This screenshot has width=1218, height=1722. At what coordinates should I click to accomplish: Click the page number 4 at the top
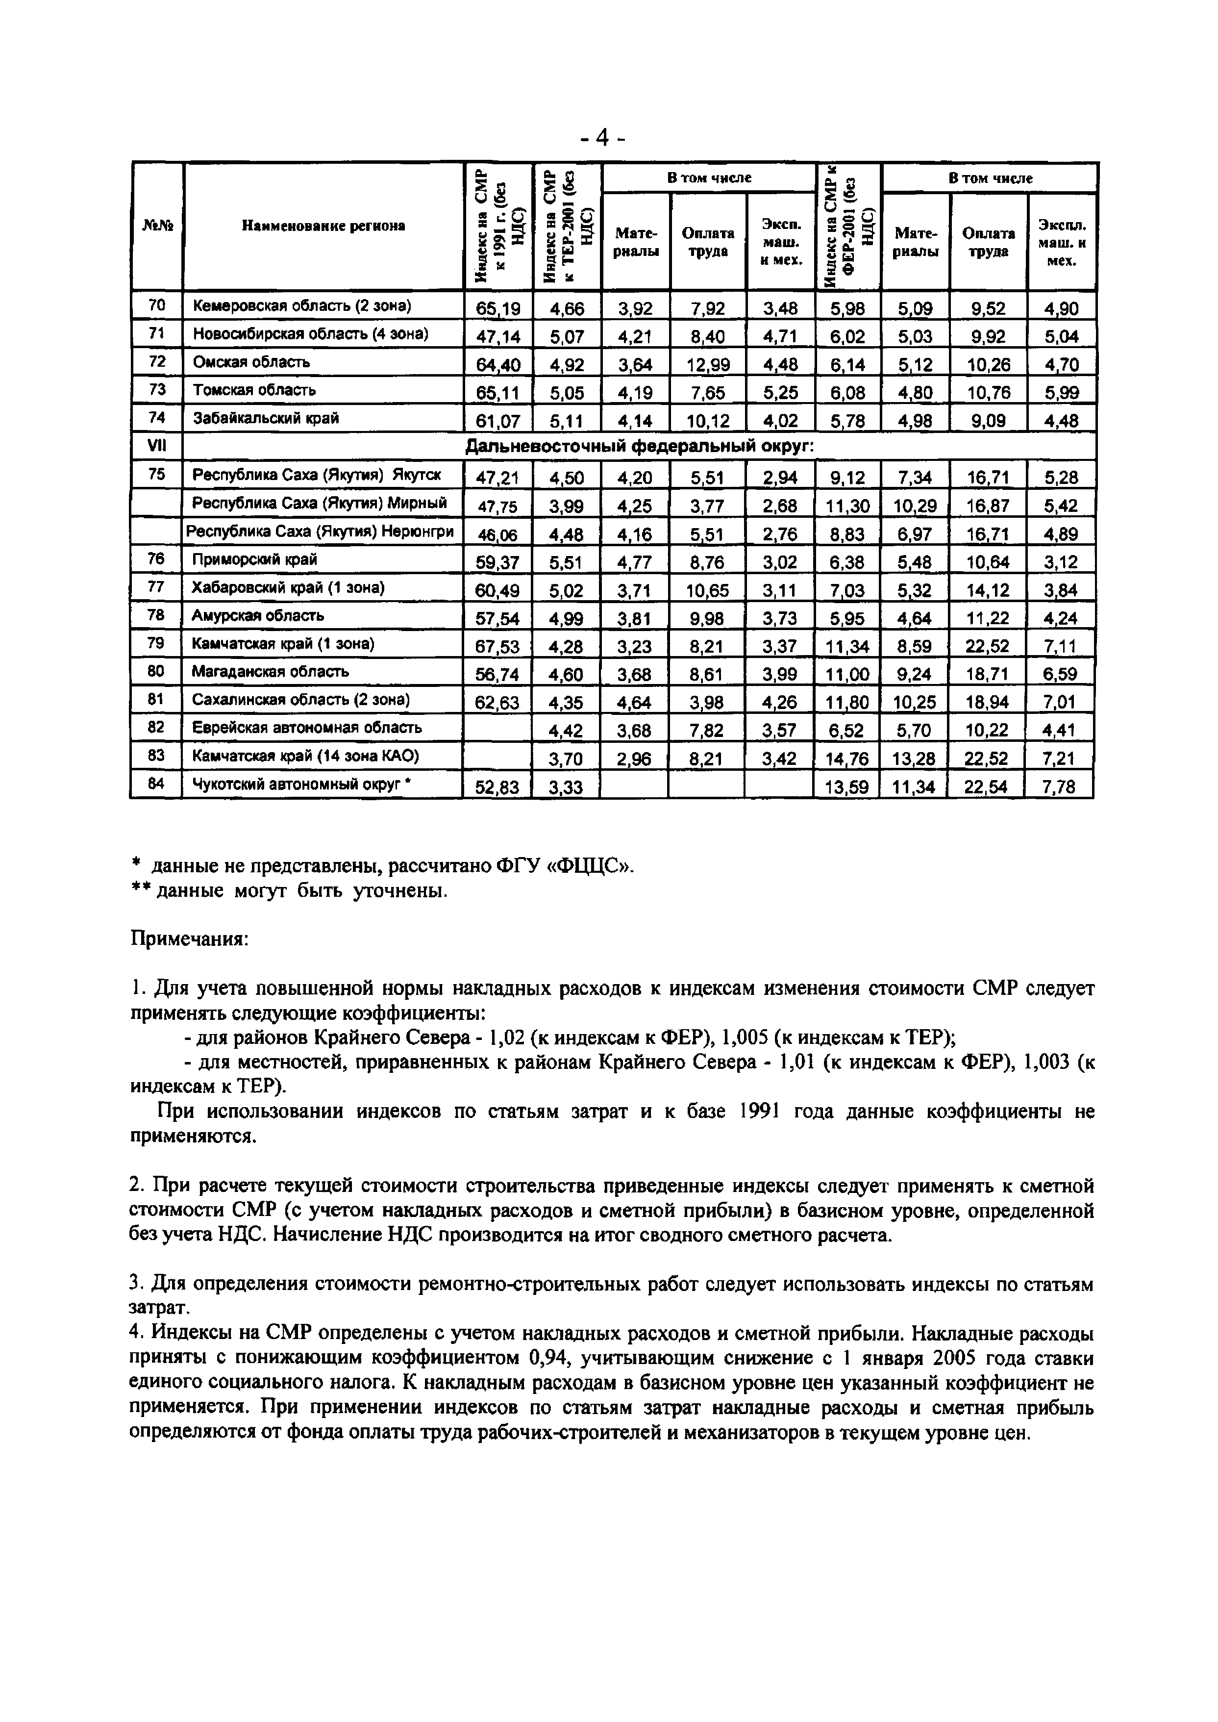602,138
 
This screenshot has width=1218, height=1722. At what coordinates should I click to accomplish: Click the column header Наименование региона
323,226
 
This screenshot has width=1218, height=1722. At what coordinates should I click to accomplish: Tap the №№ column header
157,226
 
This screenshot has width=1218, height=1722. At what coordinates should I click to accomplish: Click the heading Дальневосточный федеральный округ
640,447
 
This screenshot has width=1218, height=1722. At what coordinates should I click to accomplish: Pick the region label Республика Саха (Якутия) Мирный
320,503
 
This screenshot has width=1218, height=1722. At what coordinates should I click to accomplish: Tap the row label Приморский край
254,560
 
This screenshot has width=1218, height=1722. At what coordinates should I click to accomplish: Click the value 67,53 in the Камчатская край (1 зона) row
497,647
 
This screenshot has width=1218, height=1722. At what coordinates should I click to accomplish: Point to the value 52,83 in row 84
497,787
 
